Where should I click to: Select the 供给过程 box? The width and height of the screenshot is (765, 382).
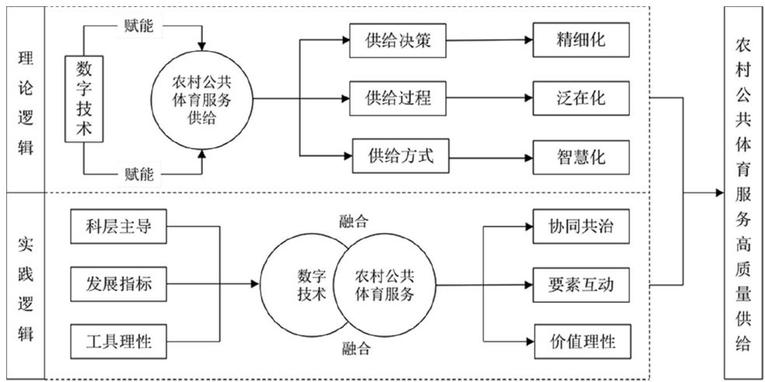[x=397, y=99]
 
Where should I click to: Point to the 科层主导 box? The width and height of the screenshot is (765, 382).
[x=119, y=227]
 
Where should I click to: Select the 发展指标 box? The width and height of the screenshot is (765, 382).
[x=119, y=284]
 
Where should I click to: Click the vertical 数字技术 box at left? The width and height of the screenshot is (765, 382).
[x=84, y=99]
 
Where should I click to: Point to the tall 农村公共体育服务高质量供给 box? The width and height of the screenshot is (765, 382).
[x=742, y=190]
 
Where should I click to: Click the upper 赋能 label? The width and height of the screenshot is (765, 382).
[x=139, y=26]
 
